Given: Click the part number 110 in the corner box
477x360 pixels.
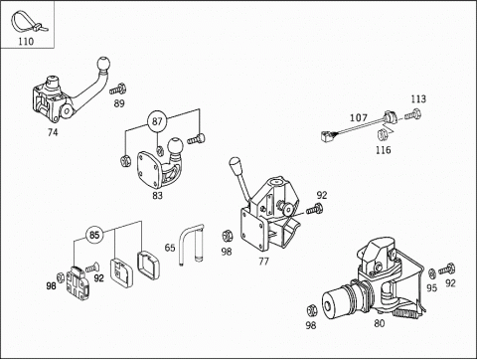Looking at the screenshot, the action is click(26, 42).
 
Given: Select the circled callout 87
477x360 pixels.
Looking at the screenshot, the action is click(157, 121).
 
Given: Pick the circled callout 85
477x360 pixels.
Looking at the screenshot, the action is click(94, 235).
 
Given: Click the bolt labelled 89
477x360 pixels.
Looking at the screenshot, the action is click(117, 90).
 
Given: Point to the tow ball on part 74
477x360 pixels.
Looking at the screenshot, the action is click(104, 65).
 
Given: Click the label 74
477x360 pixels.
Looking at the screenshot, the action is click(53, 132).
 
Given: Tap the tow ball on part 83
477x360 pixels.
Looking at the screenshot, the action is click(175, 146).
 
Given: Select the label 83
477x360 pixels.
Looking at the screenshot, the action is click(157, 196).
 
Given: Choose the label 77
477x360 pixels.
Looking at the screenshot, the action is click(263, 262).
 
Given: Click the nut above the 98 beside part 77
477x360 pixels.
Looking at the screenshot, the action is click(228, 236).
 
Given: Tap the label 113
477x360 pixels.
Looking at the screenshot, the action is click(418, 99).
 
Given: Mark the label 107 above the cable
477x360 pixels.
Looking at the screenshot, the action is click(359, 117).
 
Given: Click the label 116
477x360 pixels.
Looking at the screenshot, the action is click(383, 150).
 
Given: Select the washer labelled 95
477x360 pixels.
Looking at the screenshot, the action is click(432, 273).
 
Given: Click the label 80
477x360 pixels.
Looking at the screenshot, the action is click(380, 323).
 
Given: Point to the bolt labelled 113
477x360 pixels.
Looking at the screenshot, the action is click(412, 115).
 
